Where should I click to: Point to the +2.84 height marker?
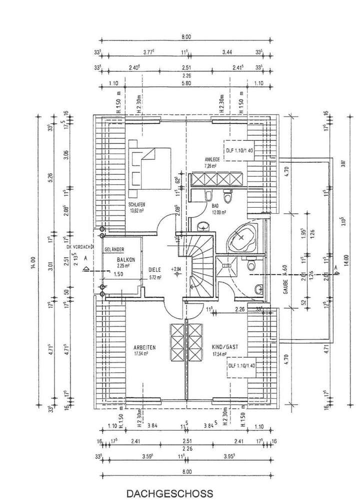(x=176, y=270)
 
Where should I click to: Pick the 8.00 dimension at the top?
(x=186, y=36)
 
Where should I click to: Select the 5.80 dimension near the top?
(x=186, y=84)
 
